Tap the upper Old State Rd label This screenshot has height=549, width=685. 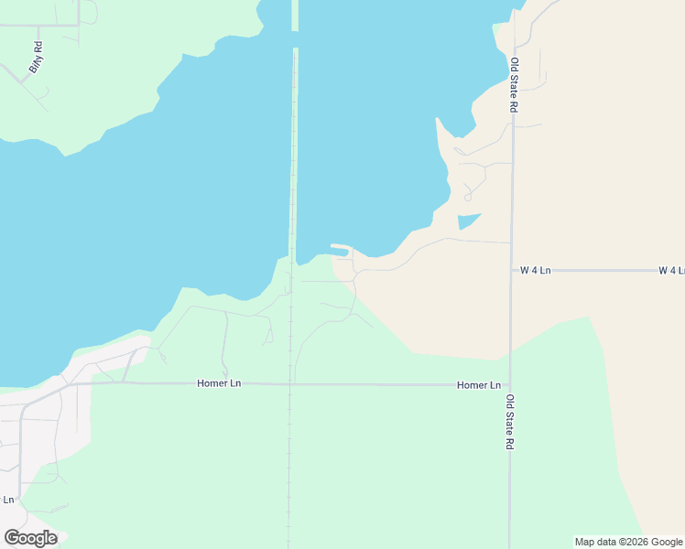click(515, 85)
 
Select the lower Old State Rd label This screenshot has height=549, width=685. click(510, 422)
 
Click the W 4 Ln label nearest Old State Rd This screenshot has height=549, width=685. click(536, 271)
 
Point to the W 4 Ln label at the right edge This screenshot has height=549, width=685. click(671, 271)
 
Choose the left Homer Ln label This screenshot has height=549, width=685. click(219, 383)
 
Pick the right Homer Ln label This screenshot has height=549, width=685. click(479, 386)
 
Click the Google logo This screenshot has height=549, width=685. click(30, 538)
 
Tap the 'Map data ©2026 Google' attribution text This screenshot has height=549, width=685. click(628, 542)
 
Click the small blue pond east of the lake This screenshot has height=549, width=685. click(468, 221)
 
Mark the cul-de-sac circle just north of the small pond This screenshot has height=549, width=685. click(467, 197)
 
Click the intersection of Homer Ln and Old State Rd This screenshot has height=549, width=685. click(510, 385)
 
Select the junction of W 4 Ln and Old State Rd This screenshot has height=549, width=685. click(511, 271)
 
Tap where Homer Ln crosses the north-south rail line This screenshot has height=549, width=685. click(290, 384)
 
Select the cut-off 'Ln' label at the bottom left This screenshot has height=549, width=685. click(9, 500)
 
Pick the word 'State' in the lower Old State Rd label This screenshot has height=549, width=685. click(510, 421)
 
